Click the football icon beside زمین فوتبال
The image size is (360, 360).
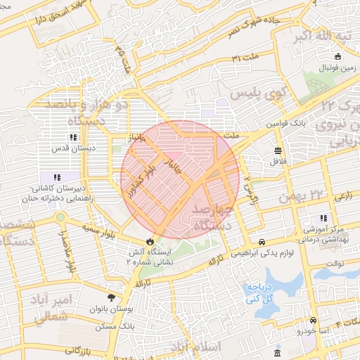[x=338, y=56]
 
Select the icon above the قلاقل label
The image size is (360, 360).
[x=279, y=150]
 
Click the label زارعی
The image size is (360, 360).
[x=343, y=198]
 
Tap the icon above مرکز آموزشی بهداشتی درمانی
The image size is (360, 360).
[x=323, y=218]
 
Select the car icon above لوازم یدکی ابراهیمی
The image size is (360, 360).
[x=262, y=240]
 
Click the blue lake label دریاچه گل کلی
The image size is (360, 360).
[x=261, y=292]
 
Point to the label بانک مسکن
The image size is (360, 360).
[x=117, y=326]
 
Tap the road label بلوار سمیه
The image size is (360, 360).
[x=98, y=229]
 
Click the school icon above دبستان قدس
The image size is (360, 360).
[x=73, y=137]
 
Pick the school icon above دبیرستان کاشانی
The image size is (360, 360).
[x=56, y=176]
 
